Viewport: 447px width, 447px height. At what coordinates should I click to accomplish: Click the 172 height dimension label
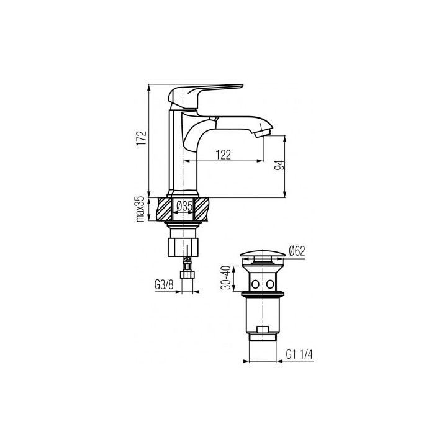142,138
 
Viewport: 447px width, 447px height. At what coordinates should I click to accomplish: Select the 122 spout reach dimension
223,155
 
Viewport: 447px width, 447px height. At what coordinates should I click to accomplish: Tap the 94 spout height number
279,165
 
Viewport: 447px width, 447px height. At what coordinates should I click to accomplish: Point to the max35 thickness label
141,210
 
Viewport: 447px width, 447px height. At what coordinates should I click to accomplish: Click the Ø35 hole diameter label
184,206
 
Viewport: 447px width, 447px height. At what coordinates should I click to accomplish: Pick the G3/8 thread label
164,284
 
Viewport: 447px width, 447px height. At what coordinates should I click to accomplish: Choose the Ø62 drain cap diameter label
297,251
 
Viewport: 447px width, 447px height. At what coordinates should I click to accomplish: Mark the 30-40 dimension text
226,278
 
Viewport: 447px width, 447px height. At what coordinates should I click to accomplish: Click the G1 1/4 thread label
299,354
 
